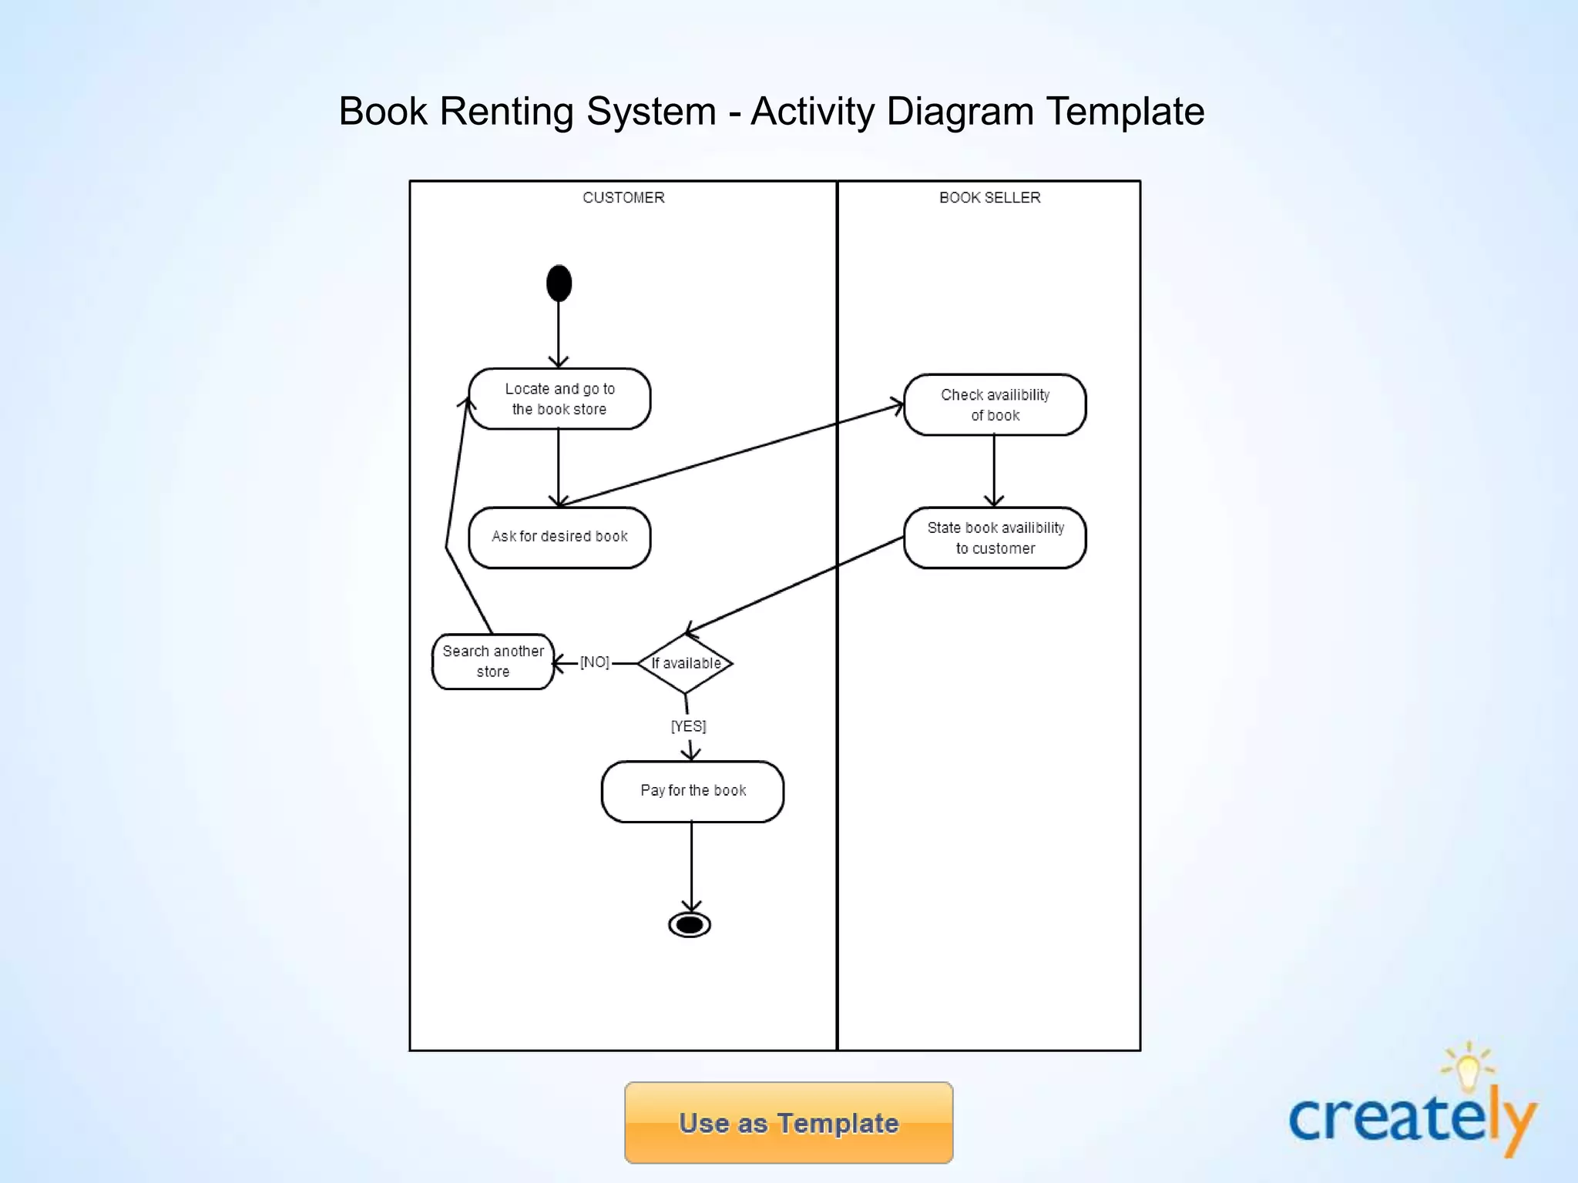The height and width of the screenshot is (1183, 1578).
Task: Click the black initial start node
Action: pos(559,283)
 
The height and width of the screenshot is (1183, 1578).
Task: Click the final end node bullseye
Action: pos(690,924)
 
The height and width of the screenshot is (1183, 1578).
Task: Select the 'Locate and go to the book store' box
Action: pos(559,399)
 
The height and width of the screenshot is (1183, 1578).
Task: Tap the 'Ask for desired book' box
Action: pos(559,537)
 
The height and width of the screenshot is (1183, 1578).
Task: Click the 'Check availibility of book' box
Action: pos(995,405)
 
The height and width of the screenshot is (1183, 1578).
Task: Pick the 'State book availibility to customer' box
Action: pos(995,538)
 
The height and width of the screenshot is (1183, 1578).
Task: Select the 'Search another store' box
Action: pos(493,661)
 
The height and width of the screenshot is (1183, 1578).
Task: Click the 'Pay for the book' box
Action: pos(693,791)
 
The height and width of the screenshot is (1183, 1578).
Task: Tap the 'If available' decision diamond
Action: pos(685,663)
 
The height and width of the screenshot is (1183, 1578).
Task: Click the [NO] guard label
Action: pos(595,662)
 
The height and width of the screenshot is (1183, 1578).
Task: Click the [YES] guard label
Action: pos(688,726)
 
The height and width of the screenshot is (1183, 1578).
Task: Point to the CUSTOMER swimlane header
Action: pos(623,198)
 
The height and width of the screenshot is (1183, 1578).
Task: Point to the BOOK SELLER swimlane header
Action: pos(989,198)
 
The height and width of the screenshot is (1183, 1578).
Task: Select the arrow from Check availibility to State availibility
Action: pos(994,470)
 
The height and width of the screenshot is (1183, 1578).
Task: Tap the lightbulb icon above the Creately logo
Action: pos(1468,1067)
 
